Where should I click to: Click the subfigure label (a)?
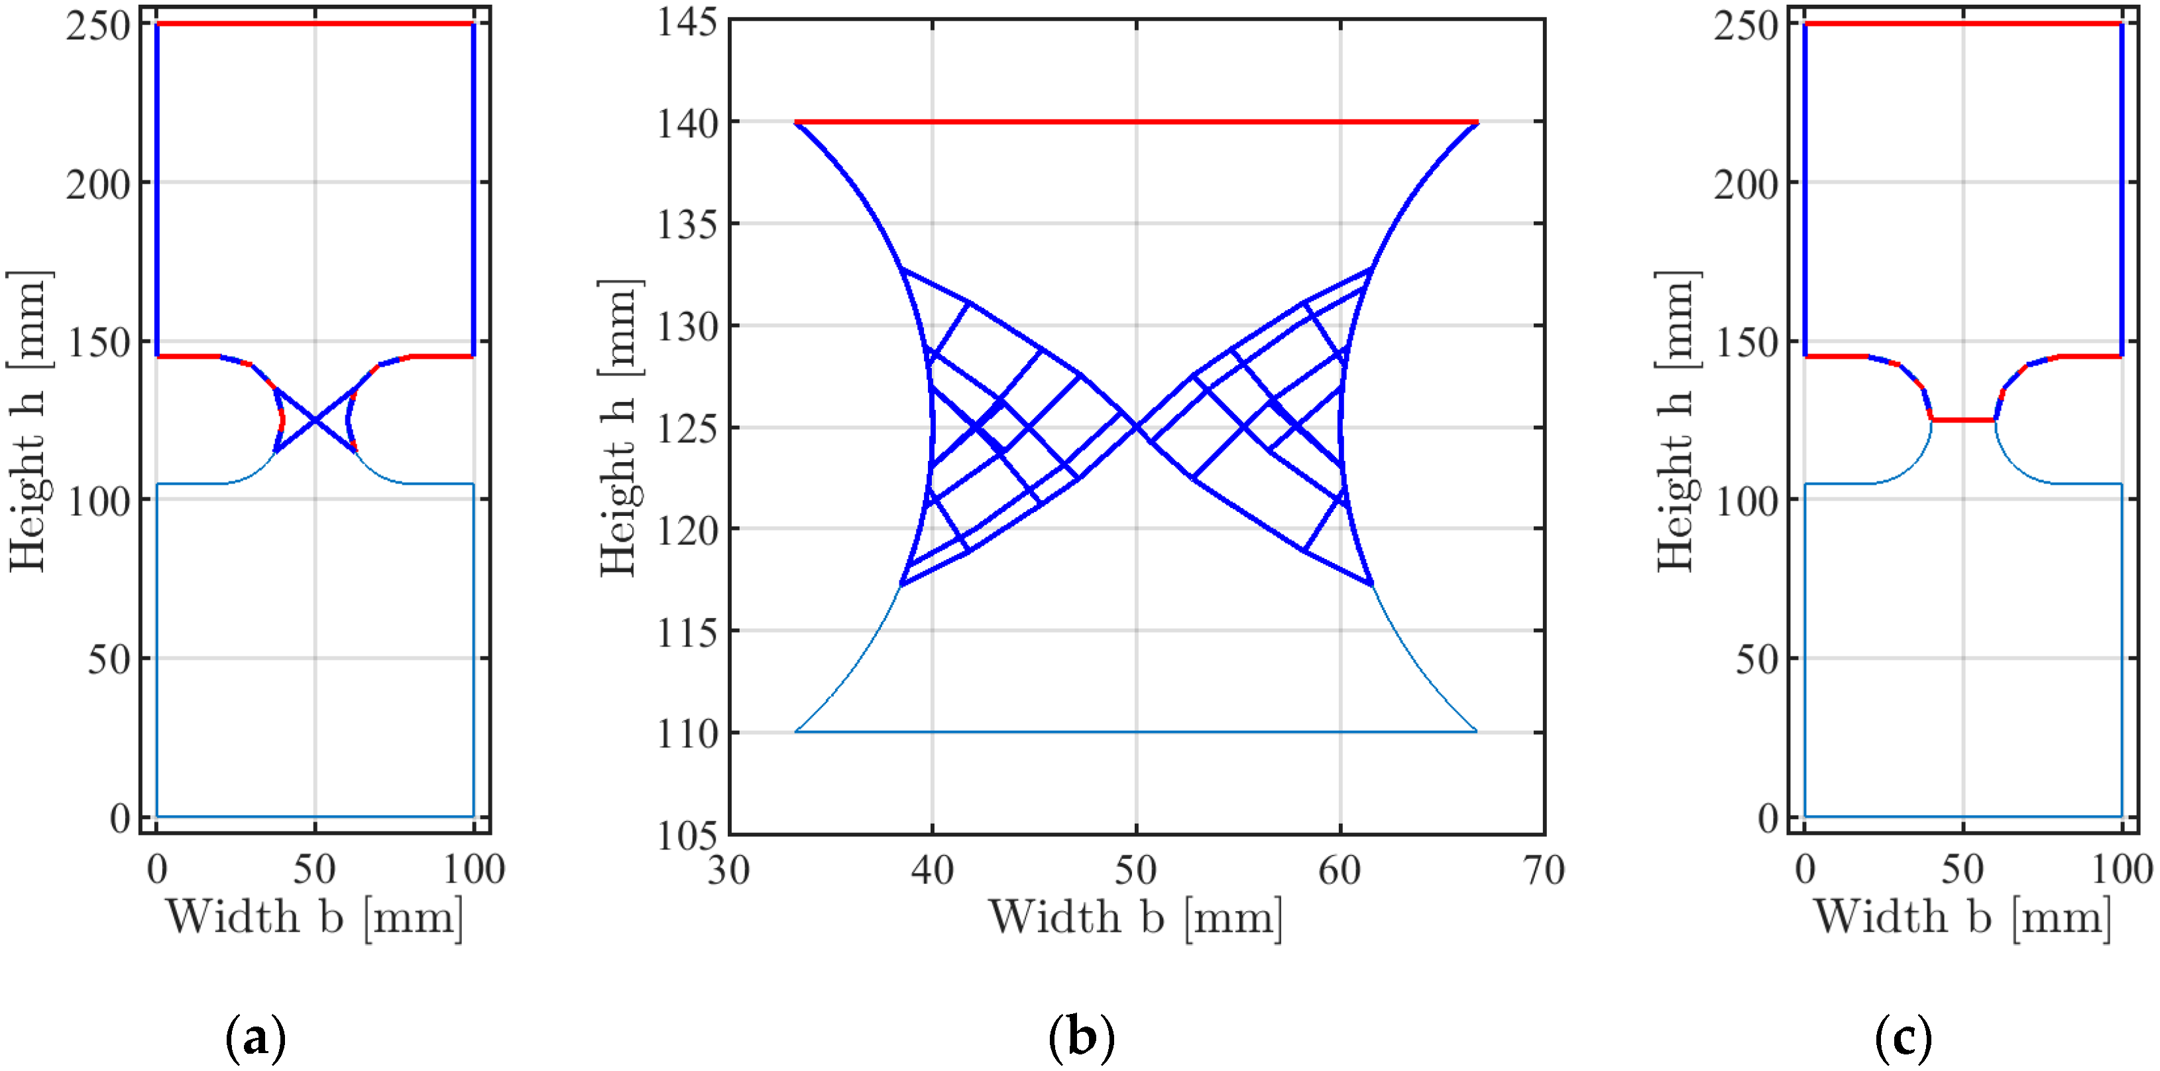point(256,1039)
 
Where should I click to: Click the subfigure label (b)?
point(1082,1039)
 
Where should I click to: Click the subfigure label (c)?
point(1903,1039)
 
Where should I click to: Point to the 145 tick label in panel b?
point(687,22)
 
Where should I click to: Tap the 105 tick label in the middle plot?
point(687,836)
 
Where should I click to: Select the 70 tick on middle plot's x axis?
point(1543,869)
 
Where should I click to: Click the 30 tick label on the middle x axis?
point(728,869)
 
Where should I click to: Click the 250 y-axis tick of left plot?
point(99,26)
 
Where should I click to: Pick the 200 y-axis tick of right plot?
point(1746,184)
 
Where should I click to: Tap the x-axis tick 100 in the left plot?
point(474,869)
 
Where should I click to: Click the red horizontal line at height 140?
point(1136,123)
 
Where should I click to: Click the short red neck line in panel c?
point(1963,419)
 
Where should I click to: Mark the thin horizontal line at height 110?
point(1136,731)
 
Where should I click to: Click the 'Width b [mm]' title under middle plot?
point(1136,916)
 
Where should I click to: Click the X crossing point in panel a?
point(315,420)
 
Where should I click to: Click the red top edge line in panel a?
point(315,25)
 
